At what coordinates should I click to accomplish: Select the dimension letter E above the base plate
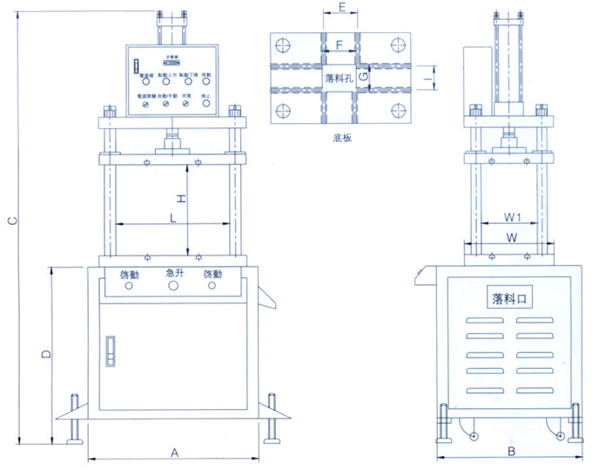(342, 8)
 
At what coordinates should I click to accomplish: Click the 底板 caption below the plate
(340, 137)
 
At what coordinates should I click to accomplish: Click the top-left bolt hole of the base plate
(283, 44)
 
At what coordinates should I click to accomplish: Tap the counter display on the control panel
(172, 63)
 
